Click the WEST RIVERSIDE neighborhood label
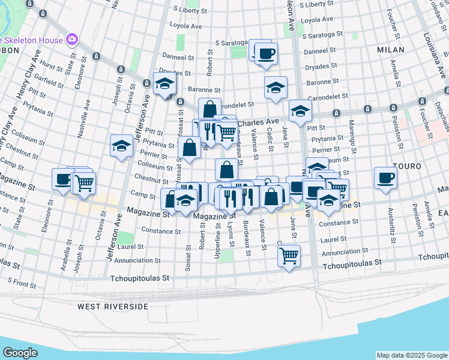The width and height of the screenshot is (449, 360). click(x=112, y=307)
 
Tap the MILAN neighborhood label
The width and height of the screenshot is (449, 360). click(x=391, y=50)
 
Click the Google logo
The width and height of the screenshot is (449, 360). click(x=20, y=353)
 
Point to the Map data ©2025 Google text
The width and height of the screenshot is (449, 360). click(x=411, y=355)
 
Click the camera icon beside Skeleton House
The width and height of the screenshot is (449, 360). click(x=72, y=39)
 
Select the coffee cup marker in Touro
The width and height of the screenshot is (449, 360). click(x=385, y=178)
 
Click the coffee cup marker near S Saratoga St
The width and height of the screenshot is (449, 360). click(x=266, y=54)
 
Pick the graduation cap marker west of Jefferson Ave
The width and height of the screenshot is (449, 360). click(x=121, y=146)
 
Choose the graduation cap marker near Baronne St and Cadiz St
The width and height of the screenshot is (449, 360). click(x=276, y=88)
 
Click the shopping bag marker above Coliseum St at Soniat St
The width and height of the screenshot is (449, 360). click(x=190, y=148)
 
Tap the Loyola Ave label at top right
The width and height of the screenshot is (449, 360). click(x=316, y=20)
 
